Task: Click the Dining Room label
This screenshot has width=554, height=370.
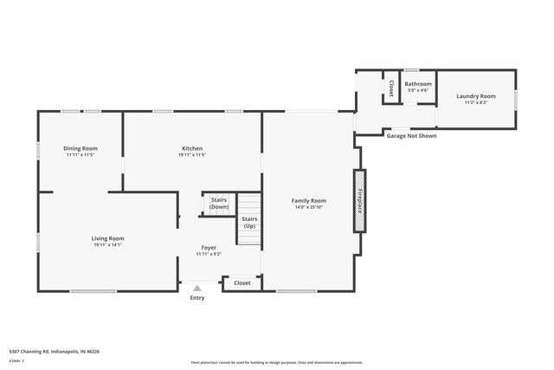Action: point(81,148)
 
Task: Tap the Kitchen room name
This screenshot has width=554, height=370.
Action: point(192,148)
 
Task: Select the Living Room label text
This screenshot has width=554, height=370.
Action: point(109,238)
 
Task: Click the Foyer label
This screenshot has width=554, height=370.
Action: point(209,248)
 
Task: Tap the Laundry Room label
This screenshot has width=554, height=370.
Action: point(476,95)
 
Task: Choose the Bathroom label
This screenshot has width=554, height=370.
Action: point(418,84)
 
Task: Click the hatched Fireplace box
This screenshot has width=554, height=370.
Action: point(357,201)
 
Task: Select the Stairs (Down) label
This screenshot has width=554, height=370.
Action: point(220,204)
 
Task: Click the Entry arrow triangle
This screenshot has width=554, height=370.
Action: point(197,289)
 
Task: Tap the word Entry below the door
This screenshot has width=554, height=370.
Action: point(197,298)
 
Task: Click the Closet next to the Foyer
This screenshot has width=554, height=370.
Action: point(242,282)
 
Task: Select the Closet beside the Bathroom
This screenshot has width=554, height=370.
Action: point(391,88)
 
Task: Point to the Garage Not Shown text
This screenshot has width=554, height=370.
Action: point(411,136)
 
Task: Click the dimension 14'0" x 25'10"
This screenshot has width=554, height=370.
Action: point(308,207)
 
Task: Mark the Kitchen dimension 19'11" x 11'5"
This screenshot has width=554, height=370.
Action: point(192,154)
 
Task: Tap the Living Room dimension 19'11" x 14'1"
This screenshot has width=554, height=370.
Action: point(109,244)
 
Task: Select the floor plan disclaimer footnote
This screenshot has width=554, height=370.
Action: point(276,362)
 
